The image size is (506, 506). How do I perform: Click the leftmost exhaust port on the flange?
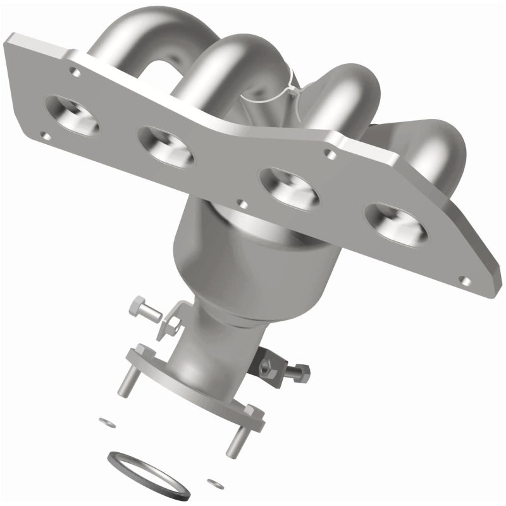point(72,116)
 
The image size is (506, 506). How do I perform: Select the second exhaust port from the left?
point(166,147)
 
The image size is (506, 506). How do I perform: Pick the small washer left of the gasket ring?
point(104,421)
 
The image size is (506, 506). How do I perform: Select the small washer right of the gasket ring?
point(219,484)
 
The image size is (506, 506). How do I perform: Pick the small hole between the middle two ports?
point(240,204)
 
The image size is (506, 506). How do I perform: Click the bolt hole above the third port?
point(328,152)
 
